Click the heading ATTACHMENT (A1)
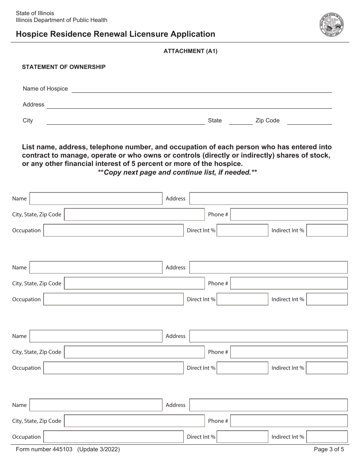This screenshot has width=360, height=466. tap(190, 51)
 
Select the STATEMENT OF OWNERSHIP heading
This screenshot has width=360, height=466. tap(64, 67)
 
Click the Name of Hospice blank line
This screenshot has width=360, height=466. tap(202, 90)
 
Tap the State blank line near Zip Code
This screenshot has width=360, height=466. tap(240, 122)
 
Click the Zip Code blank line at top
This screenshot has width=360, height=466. tap(309, 122)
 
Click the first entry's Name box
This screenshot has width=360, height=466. tap(96, 199)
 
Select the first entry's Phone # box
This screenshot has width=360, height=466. tap(289, 214)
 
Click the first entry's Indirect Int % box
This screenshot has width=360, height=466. tap(327, 230)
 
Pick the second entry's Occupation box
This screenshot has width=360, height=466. tap(113, 299)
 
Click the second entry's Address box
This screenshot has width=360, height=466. tap(268, 267)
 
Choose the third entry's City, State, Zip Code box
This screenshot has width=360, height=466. tap(134, 352)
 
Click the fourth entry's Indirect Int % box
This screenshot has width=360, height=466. tap(327, 437)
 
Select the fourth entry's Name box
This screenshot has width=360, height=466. tap(96, 405)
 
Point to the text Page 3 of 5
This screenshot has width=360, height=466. tap(329, 450)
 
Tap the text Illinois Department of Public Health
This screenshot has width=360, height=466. tap(61, 20)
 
